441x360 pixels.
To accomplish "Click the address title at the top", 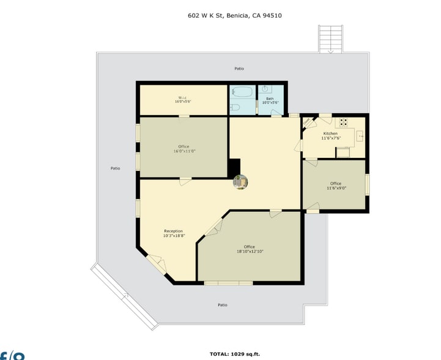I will [234, 17].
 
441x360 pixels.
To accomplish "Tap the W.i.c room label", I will [182, 99].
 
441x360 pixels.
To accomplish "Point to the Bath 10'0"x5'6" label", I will [270, 100].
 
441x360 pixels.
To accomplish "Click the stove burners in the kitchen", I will [343, 122].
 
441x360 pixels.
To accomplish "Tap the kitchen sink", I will [360, 136].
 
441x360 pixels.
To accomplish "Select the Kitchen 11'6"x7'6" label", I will [330, 135].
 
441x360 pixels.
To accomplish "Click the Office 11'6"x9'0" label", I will [336, 186].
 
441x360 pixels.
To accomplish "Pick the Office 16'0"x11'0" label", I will [183, 149].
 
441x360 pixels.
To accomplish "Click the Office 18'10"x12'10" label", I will [250, 249].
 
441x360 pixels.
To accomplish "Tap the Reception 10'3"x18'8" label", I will [173, 233].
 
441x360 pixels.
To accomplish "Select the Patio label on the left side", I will [115, 168].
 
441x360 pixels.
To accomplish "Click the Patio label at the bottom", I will [223, 304].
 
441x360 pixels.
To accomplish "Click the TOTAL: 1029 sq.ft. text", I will [235, 354].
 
